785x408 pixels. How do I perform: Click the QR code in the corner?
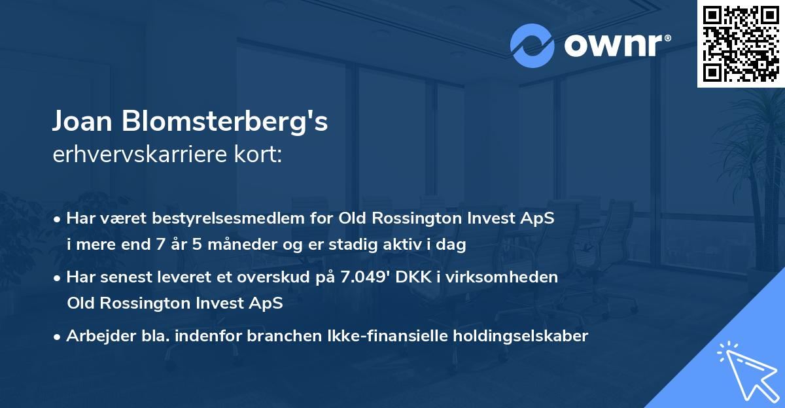pos(741,43)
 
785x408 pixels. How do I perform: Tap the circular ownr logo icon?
pos(532,46)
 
